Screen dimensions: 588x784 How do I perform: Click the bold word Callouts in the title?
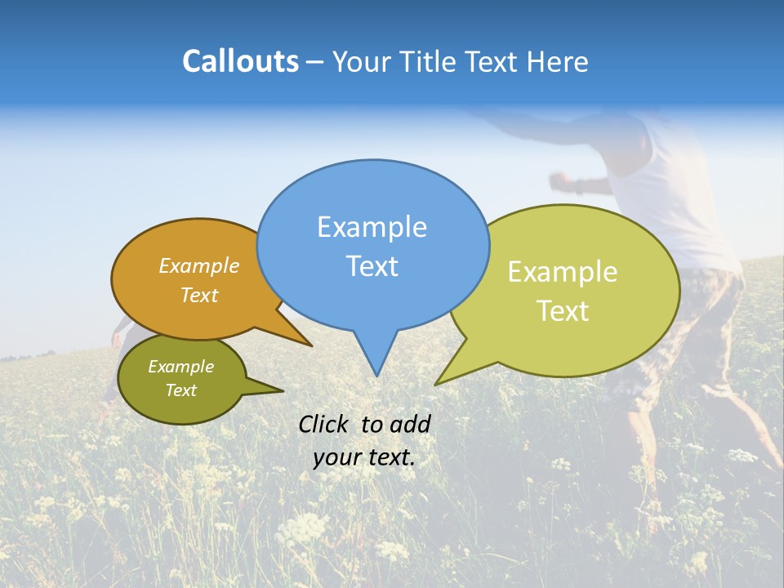click(240, 61)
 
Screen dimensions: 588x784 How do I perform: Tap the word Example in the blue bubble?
click(372, 227)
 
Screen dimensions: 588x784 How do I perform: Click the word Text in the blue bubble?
click(372, 266)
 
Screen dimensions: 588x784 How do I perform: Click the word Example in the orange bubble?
click(198, 265)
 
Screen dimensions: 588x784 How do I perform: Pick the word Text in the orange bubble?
click(198, 295)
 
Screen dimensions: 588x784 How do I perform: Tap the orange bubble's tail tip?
click(311, 346)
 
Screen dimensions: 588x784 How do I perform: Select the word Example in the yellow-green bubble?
click(563, 272)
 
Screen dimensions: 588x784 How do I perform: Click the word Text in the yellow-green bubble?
click(563, 311)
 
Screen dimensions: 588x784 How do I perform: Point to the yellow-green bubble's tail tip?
click(435, 384)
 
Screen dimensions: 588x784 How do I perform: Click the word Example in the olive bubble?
click(180, 367)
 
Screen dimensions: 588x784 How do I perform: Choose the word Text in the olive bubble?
click(180, 390)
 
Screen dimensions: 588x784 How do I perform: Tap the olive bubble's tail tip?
click(283, 390)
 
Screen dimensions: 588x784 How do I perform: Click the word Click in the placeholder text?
click(326, 424)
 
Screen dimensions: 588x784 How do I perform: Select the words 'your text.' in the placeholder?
click(363, 457)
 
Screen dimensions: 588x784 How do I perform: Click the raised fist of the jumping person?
click(559, 179)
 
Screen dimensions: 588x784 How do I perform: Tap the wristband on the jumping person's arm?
click(579, 185)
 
